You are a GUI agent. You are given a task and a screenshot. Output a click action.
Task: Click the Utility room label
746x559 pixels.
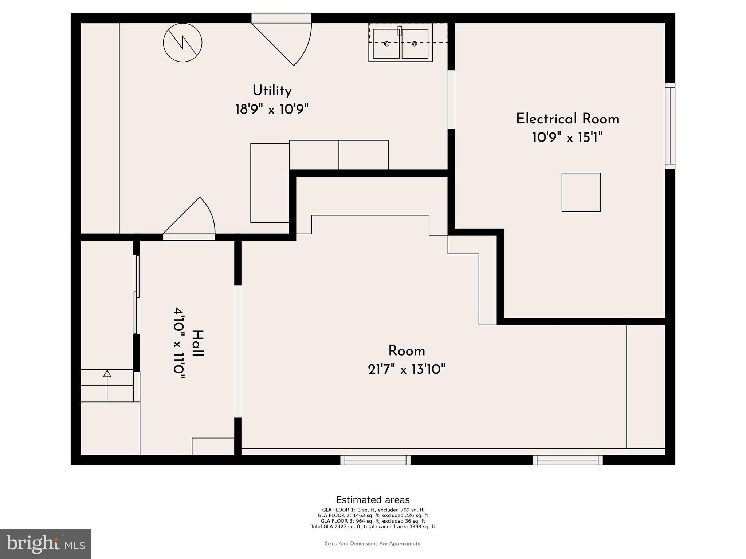pos(272,91)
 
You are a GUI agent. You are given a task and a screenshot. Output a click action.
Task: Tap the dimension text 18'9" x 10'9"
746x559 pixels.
pos(272,109)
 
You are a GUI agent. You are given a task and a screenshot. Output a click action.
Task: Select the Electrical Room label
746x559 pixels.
pos(568,119)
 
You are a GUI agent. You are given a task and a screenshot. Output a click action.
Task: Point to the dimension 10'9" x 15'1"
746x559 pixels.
pos(568,138)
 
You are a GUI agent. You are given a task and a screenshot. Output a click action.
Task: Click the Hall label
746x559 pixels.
pos(198,344)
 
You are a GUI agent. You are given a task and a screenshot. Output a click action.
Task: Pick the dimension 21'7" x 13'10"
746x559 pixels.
pos(407,370)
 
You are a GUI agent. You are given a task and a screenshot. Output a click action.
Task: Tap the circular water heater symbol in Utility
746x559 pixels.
pos(182,43)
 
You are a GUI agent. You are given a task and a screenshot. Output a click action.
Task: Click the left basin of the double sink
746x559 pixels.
pos(386,44)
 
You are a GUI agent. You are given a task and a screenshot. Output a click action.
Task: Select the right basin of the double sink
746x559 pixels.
pos(415,44)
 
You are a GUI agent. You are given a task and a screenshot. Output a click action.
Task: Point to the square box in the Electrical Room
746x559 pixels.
pos(581,192)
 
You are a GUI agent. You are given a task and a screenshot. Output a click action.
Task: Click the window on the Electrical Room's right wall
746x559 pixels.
pos(670,126)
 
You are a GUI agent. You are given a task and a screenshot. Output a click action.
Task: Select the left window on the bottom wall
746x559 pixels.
pos(376,460)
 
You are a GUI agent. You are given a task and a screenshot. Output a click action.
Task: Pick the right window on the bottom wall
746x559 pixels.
pos(568,460)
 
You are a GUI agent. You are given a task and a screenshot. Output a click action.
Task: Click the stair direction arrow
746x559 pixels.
pos(107,386)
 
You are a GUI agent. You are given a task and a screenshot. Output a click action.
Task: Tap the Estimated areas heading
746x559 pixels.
pos(373,500)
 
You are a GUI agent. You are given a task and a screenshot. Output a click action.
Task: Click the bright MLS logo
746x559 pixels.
pos(46,544)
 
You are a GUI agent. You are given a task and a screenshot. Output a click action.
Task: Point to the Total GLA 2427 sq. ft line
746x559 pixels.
pos(373,526)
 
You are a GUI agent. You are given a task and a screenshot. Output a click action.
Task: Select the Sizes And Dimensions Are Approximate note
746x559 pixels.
pos(373,544)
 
